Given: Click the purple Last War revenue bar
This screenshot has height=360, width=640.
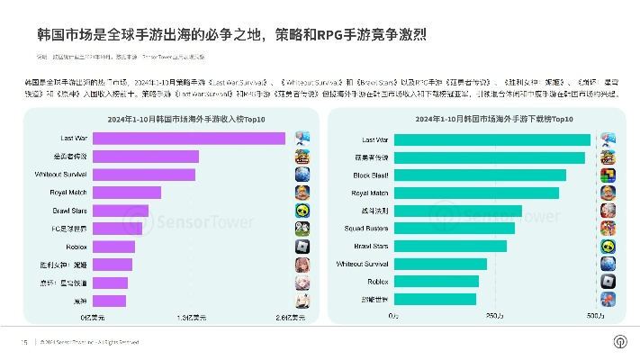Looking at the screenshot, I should tap(188, 138).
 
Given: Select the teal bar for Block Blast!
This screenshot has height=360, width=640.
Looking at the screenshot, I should tap(478, 175).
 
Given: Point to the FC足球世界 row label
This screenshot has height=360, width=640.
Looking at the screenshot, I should tap(68, 228).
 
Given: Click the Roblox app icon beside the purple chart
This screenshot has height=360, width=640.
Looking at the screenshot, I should tap(302, 246).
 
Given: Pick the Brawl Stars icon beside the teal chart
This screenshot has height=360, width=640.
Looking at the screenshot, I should tap(608, 246).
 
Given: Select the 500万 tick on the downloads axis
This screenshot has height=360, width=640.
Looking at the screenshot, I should tap(595, 317).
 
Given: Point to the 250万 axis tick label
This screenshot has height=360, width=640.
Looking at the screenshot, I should tap(494, 317).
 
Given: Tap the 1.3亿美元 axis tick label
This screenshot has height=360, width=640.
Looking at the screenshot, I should tap(192, 317).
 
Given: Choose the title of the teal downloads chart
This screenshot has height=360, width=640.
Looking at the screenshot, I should tap(482, 118).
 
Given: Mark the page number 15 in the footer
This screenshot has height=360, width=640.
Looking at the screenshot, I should tap(25, 342).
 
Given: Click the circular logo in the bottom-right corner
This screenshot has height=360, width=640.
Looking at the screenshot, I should tap(619, 341).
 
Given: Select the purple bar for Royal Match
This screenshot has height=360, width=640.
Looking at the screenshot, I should tap(126, 193).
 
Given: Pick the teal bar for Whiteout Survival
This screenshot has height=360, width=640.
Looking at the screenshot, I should tap(438, 264).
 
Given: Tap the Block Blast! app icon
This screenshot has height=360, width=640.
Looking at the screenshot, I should tap(608, 175).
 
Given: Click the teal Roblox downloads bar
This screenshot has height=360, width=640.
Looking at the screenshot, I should tap(434, 281).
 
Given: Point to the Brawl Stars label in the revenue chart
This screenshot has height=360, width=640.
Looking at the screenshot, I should tap(69, 210).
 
